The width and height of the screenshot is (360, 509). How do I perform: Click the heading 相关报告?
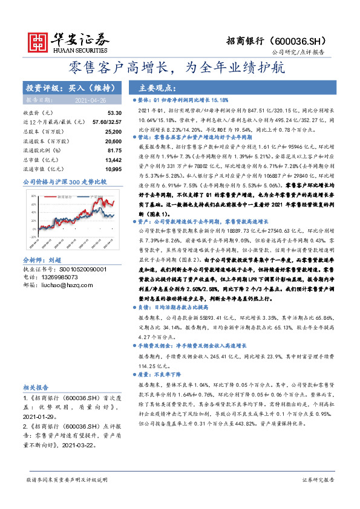[37, 387]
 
